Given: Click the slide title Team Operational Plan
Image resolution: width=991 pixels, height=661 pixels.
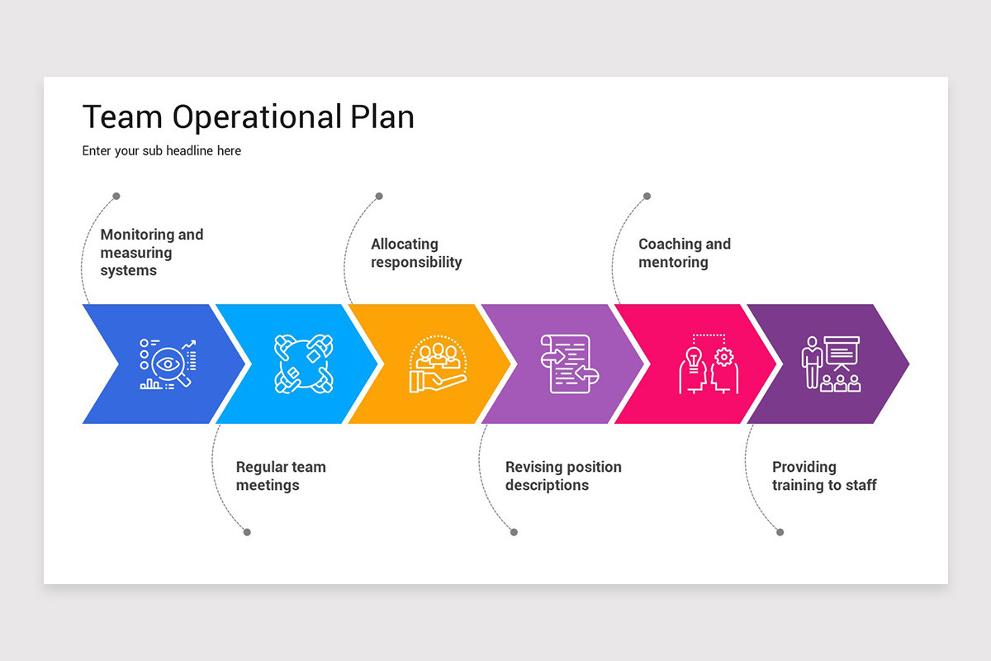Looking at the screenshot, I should click(x=248, y=117).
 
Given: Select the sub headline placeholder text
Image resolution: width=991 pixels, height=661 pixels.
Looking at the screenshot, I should click(x=162, y=151).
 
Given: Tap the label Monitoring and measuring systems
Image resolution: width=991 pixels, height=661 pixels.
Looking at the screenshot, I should click(x=151, y=252).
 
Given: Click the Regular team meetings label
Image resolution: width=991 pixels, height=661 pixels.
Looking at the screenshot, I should click(x=281, y=476).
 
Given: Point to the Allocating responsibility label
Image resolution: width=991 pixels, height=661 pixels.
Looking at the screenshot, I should click(x=416, y=253).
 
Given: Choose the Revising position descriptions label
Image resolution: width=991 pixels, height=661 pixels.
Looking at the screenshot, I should click(x=563, y=476).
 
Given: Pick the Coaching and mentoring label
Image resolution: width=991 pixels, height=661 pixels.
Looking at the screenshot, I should click(x=685, y=253).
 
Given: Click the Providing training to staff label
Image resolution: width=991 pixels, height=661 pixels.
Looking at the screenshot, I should click(x=824, y=476).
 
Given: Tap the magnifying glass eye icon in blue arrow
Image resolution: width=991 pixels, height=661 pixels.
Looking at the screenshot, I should click(x=168, y=364).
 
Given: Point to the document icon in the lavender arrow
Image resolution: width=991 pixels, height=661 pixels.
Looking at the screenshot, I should click(x=569, y=364).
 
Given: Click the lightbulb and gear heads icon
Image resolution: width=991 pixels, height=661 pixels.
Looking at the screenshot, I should click(x=708, y=364).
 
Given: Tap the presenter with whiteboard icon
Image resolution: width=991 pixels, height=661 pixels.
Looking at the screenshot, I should click(x=832, y=364).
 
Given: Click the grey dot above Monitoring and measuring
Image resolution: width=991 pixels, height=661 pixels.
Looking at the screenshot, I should click(x=116, y=196).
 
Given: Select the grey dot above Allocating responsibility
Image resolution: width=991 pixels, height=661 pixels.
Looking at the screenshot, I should click(x=379, y=196).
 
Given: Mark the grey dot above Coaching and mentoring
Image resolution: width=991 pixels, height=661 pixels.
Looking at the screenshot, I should click(x=647, y=196).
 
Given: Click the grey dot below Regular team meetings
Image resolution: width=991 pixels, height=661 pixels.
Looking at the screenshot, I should click(x=247, y=532).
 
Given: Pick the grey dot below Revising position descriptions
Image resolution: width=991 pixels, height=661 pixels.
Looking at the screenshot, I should click(x=514, y=532).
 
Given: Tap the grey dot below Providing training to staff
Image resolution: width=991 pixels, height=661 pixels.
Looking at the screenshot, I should click(x=780, y=532).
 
